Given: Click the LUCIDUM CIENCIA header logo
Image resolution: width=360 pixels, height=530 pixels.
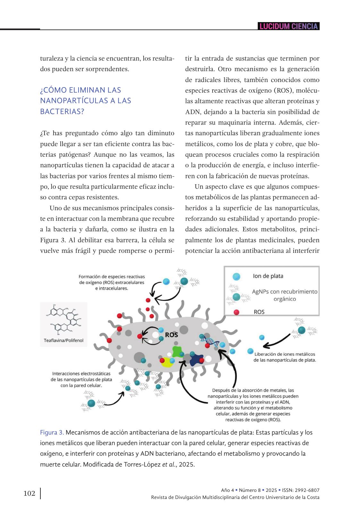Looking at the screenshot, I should [x=289, y=26].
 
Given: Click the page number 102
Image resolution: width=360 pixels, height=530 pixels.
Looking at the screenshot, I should [x=29, y=493].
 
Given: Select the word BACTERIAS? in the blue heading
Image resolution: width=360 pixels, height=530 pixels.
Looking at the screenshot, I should [x=62, y=112].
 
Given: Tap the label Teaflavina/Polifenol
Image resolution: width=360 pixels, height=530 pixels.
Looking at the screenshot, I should [x=63, y=340].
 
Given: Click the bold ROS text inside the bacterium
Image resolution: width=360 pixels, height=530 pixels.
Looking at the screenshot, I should [x=171, y=335].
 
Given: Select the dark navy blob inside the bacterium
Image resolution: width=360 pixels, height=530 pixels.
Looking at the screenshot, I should [x=196, y=360].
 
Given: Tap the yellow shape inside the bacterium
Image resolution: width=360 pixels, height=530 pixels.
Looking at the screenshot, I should [x=167, y=362].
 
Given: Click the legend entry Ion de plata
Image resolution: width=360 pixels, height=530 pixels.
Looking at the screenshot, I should [x=268, y=276].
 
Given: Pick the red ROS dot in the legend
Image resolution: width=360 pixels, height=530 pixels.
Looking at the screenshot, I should [x=237, y=312].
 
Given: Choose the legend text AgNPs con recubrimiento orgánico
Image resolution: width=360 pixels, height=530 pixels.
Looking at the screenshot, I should [x=285, y=295].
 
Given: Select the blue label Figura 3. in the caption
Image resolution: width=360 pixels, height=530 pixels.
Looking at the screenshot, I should [x=52, y=433].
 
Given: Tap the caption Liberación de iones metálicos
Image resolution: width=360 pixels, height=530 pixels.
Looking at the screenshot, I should [x=285, y=354].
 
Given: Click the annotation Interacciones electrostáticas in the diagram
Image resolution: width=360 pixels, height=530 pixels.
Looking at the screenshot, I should [x=81, y=374].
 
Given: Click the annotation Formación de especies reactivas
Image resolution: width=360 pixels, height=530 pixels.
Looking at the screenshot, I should [x=112, y=277].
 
